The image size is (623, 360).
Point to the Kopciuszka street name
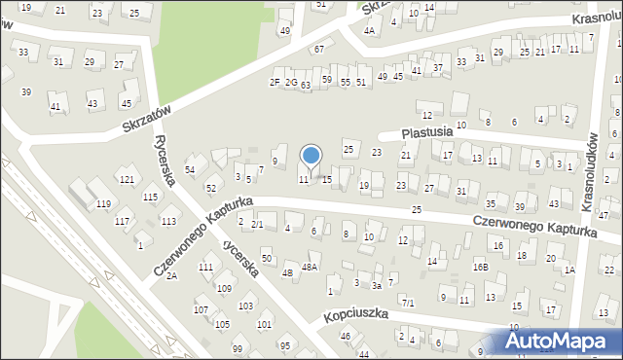pyautogui.click(x=357, y=314)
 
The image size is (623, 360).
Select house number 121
pyautogui.click(x=127, y=180)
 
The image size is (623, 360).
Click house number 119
pyautogui.click(x=103, y=204)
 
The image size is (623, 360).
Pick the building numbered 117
pyautogui.click(x=122, y=222)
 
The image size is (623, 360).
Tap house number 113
pyautogui.click(x=168, y=222)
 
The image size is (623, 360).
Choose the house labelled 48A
pyautogui.click(x=310, y=267)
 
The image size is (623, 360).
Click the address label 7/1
pyautogui.click(x=409, y=303)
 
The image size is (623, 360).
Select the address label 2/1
pyautogui.click(x=257, y=225)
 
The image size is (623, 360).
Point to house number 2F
pyautogui.click(x=275, y=82)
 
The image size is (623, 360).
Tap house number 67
pyautogui.click(x=317, y=49)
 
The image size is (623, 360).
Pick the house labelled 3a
pyautogui.click(x=377, y=286)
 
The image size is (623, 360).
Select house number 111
pyautogui.click(x=205, y=267)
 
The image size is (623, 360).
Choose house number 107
pyautogui.click(x=200, y=309)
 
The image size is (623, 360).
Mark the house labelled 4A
pyautogui.click(x=369, y=30)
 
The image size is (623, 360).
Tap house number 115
pyautogui.click(x=150, y=198)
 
